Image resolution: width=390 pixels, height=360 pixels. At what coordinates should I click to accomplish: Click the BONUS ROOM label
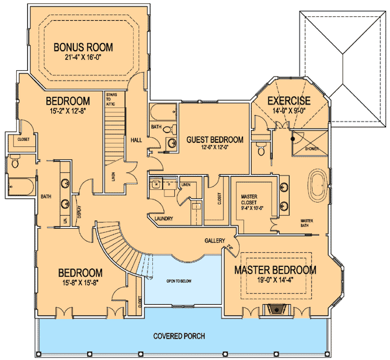click(83, 47)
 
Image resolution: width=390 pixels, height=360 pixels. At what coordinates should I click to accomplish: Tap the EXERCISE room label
click(289, 101)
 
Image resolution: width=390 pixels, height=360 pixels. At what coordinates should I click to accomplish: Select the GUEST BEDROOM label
click(214, 140)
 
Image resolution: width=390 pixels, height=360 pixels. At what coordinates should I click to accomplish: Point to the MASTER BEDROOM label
click(275, 270)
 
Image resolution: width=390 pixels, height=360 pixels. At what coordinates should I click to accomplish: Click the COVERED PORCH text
click(179, 336)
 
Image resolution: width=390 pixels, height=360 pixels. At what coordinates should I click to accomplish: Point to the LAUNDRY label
click(163, 219)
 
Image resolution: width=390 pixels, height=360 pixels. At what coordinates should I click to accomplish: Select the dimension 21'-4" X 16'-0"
click(83, 58)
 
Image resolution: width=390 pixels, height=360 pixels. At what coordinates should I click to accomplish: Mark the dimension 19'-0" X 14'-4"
click(275, 281)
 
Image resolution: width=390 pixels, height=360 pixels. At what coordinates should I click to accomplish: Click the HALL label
click(136, 138)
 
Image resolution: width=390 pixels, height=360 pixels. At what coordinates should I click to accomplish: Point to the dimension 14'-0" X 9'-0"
click(289, 111)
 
